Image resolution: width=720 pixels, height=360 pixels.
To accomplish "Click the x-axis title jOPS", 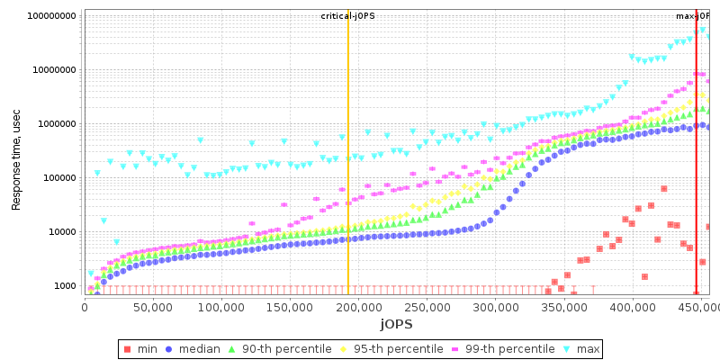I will click(x=396, y=324).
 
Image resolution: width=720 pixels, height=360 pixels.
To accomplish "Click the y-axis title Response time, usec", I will click(x=16, y=155).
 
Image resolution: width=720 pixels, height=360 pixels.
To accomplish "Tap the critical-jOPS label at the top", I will click(x=348, y=16).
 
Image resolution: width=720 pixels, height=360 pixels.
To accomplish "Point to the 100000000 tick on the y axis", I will click(x=51, y=16).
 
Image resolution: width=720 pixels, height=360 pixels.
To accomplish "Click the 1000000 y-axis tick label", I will click(x=54, y=124).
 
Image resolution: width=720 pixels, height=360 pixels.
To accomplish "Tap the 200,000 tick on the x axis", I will click(x=358, y=308).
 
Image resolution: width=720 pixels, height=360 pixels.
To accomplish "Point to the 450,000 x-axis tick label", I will click(x=700, y=308).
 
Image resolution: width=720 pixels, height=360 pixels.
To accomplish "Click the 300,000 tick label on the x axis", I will click(x=495, y=308).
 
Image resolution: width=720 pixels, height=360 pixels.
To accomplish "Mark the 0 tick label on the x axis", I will click(x=85, y=308).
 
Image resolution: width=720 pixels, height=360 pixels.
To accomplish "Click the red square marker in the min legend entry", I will click(x=127, y=348).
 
